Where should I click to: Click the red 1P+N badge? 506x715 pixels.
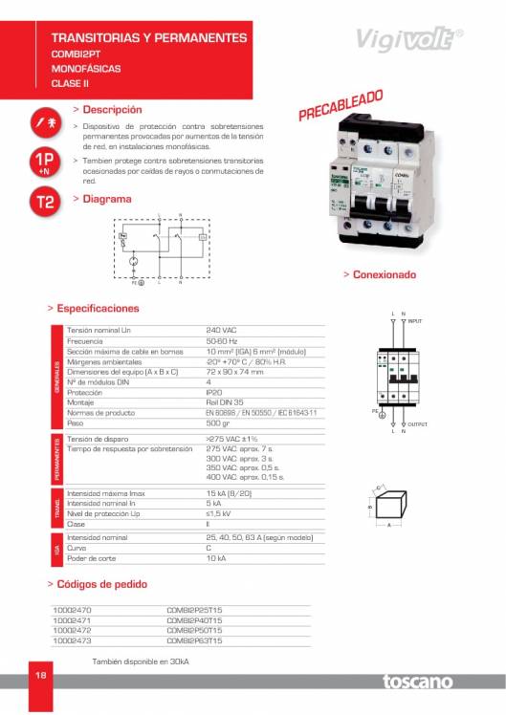(x=44, y=162)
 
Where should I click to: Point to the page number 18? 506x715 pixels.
(x=41, y=675)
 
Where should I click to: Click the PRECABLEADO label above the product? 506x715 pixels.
(x=341, y=105)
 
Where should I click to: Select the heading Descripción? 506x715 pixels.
(x=112, y=110)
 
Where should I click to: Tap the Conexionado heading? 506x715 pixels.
(x=385, y=275)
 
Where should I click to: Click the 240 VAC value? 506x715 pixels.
(x=221, y=330)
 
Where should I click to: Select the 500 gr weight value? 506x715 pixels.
(x=218, y=422)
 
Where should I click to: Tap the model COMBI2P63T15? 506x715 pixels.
(x=194, y=641)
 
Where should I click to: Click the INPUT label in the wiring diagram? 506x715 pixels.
(x=415, y=321)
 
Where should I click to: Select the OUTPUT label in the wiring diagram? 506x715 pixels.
(x=417, y=423)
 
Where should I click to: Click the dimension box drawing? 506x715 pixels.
(x=387, y=507)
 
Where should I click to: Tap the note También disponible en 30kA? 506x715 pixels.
(x=140, y=661)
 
